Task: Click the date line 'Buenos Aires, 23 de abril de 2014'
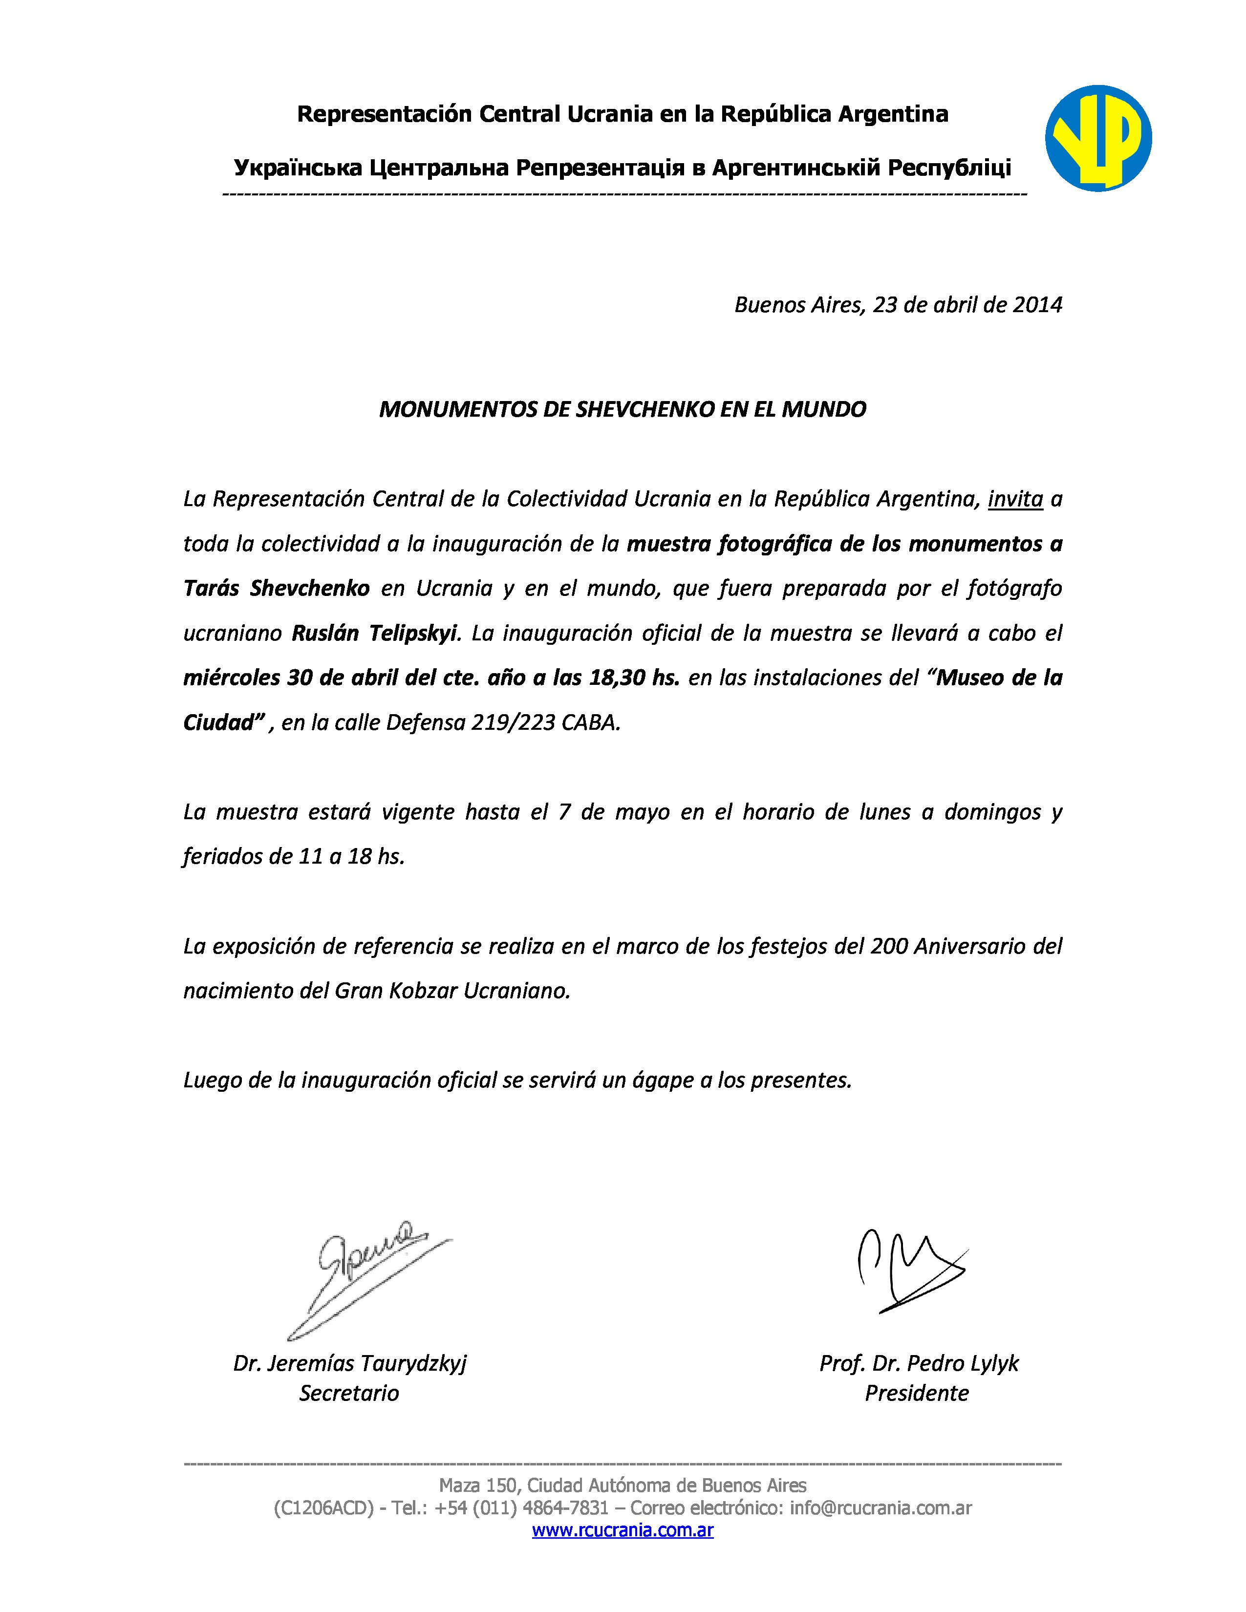[x=898, y=305]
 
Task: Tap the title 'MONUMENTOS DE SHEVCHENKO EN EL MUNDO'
[x=622, y=410]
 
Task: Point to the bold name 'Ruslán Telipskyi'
[x=375, y=633]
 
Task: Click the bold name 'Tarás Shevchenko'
[x=276, y=588]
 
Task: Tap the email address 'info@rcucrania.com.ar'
[x=880, y=1508]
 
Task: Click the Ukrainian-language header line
[x=622, y=169]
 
